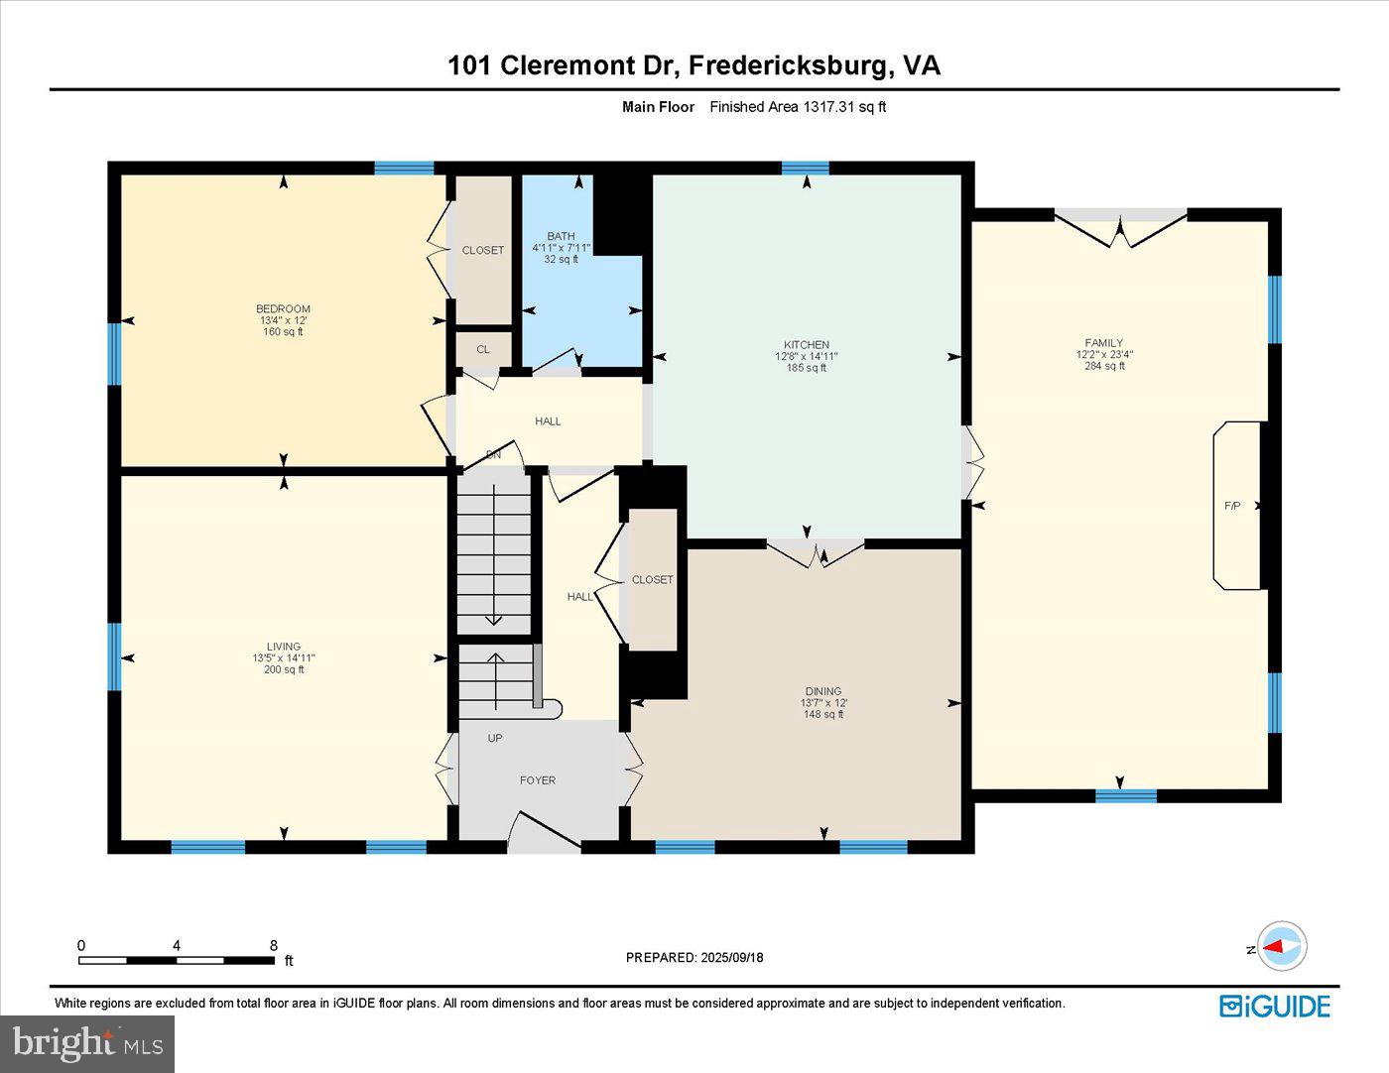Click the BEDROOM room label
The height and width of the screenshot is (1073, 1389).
pos(283,308)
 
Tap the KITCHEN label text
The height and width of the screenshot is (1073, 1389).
pos(806,344)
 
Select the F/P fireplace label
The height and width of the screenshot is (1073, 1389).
pos(1232,506)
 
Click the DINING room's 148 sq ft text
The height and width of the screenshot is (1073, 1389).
pos(823,714)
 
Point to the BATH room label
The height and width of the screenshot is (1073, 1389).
pos(561,236)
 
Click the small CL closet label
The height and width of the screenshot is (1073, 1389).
pos(483,349)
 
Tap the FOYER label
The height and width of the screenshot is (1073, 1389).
pos(538,780)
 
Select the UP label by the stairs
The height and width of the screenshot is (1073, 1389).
pos(495,738)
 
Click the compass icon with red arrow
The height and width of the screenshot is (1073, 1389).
pos(1282,947)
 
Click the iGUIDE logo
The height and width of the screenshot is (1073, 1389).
pos(1275,1006)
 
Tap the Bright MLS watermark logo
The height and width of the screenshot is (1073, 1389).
pos(87,1043)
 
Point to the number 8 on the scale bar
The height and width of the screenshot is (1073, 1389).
pos(274,945)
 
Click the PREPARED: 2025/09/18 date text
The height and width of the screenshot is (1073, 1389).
pos(694,957)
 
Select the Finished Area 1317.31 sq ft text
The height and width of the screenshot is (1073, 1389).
pos(798,107)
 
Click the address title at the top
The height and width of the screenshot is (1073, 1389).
pos(694,65)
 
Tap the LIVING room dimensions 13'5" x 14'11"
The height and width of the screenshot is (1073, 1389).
pos(284,657)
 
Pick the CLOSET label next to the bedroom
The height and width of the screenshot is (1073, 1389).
pos(483,250)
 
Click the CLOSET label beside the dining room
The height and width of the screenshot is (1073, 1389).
pos(653,579)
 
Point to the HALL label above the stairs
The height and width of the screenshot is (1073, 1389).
pos(548,421)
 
